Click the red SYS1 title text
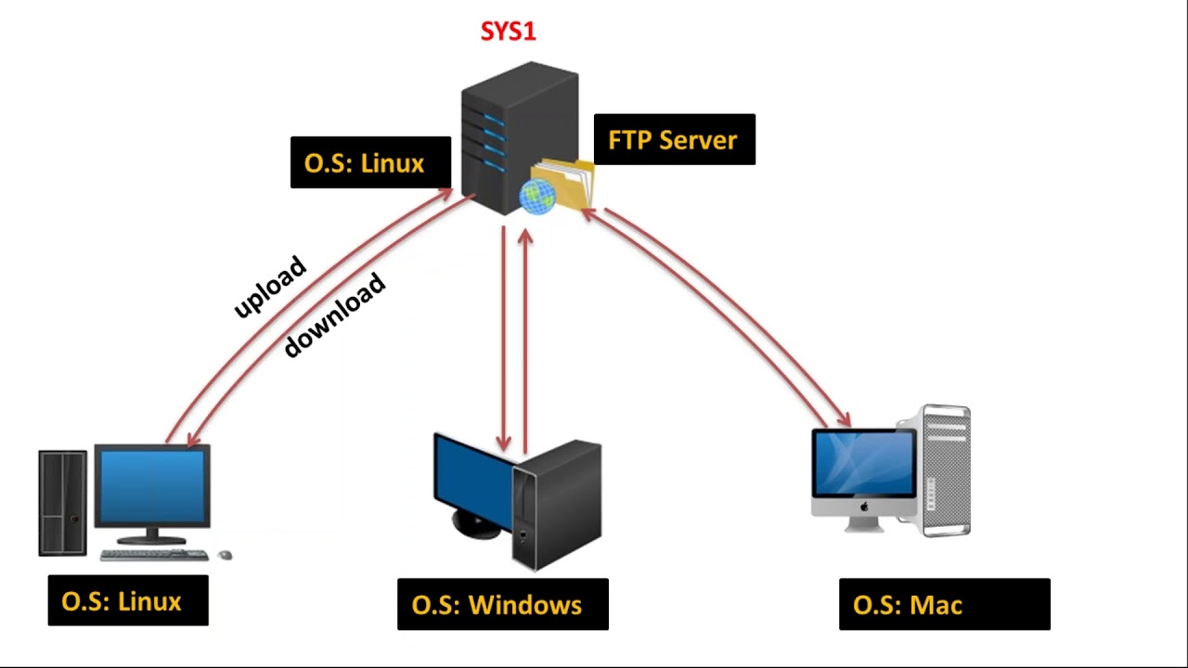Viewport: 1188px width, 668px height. (x=508, y=32)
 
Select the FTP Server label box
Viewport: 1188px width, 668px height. (x=674, y=140)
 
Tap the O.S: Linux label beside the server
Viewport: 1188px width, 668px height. (x=370, y=163)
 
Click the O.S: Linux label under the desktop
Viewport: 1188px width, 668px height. (x=128, y=601)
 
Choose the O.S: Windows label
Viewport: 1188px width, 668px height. (x=502, y=605)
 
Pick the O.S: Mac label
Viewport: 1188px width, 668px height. (x=944, y=605)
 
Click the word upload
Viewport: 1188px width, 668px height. (x=270, y=287)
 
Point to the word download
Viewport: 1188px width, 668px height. (x=334, y=315)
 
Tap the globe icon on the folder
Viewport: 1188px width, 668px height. (x=536, y=196)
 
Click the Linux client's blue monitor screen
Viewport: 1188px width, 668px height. (x=152, y=488)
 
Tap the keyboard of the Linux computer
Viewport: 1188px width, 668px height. (x=154, y=555)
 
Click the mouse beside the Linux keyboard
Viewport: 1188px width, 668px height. (x=224, y=555)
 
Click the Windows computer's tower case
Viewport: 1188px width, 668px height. (x=557, y=506)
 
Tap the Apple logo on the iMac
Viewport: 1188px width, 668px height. (x=863, y=508)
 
